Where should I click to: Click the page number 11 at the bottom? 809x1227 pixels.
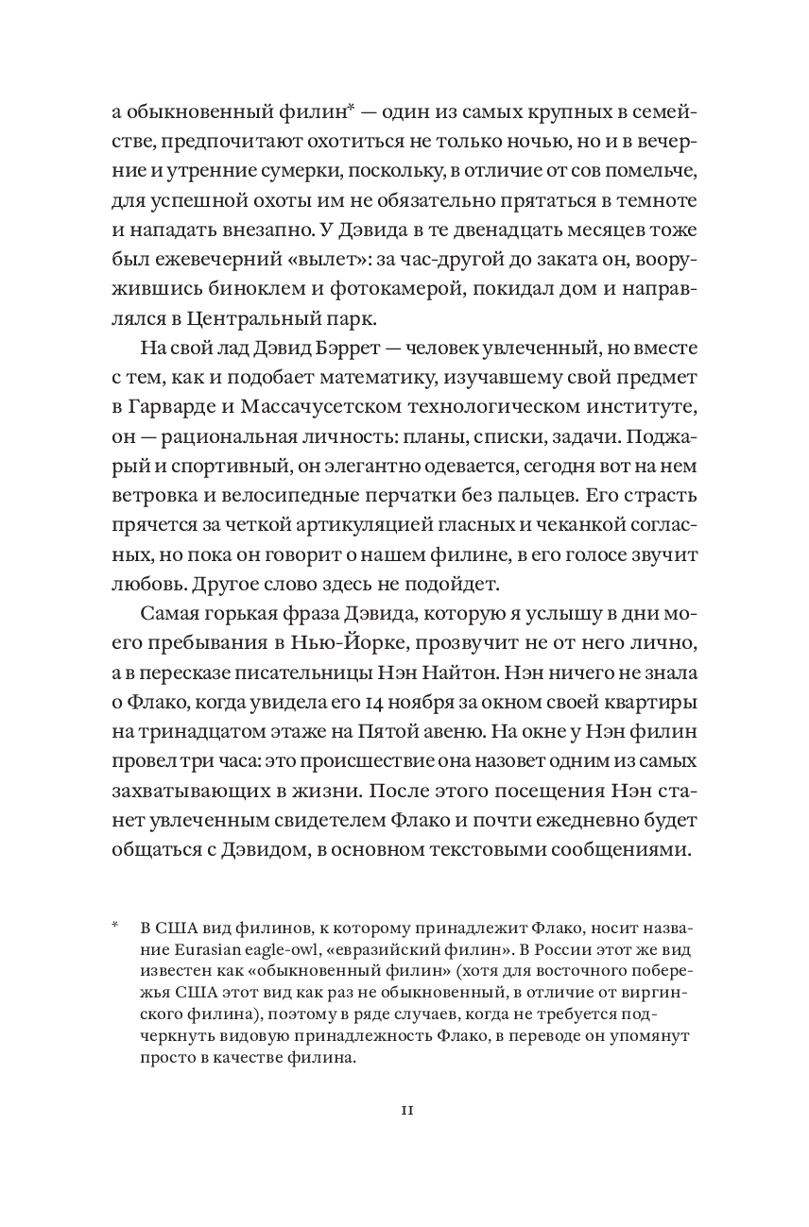point(404,1110)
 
